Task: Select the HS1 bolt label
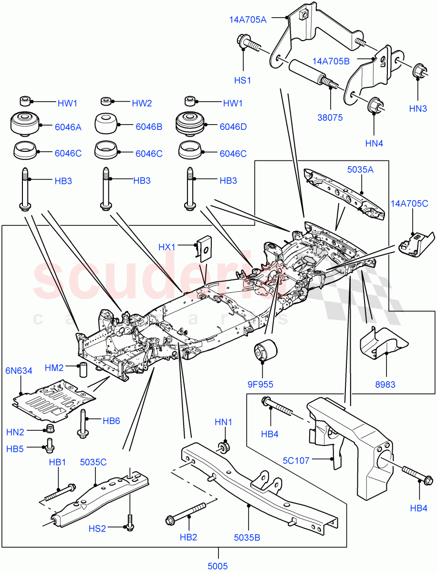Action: (x=242, y=81)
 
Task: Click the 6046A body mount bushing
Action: (x=24, y=124)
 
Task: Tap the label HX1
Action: (x=167, y=247)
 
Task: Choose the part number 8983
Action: (x=385, y=384)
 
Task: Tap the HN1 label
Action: (x=223, y=422)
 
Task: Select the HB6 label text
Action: (x=111, y=421)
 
